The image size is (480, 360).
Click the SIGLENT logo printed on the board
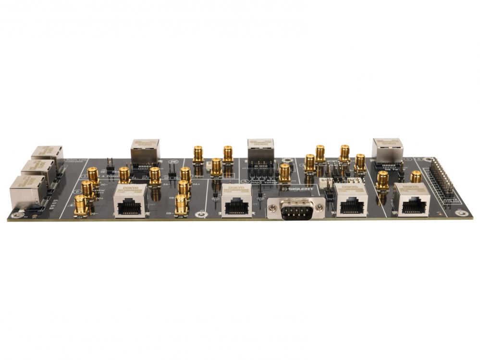tap(298, 189)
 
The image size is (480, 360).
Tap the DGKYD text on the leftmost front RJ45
tap(130, 188)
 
